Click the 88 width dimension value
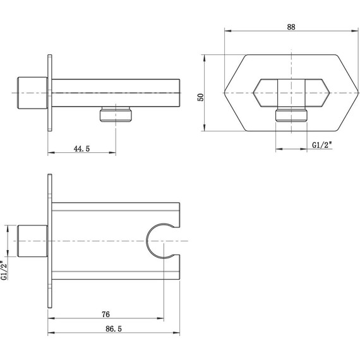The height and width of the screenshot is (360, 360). coord(291,27)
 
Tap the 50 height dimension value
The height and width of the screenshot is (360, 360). coord(200,97)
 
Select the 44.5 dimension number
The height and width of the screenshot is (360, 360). coord(81,148)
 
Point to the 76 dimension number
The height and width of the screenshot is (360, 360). coord(105,314)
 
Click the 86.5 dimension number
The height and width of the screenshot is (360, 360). coord(114,329)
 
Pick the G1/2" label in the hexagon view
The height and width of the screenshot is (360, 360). coord(322,145)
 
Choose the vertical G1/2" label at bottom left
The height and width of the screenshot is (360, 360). coord(4,270)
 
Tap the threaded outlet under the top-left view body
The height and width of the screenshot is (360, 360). coord(116,114)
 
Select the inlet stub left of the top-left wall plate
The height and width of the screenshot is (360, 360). coord(32,93)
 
